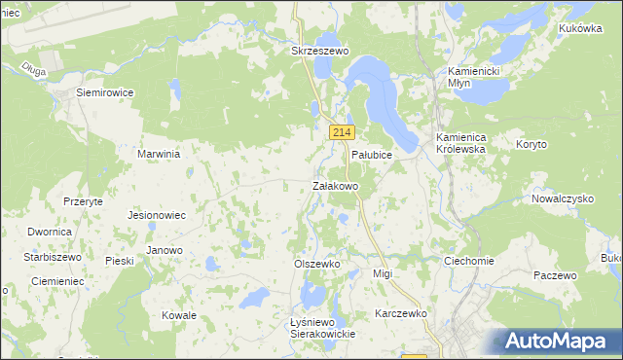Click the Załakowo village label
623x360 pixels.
(x=336, y=185)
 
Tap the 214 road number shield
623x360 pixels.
(x=341, y=132)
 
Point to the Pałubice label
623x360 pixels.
(x=371, y=155)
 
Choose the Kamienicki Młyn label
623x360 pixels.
(x=473, y=77)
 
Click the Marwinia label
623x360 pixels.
(x=161, y=154)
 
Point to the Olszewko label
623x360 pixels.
(x=316, y=264)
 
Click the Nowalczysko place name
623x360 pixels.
(x=563, y=198)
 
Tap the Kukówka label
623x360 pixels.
(x=580, y=28)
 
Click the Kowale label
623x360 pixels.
(x=179, y=315)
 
